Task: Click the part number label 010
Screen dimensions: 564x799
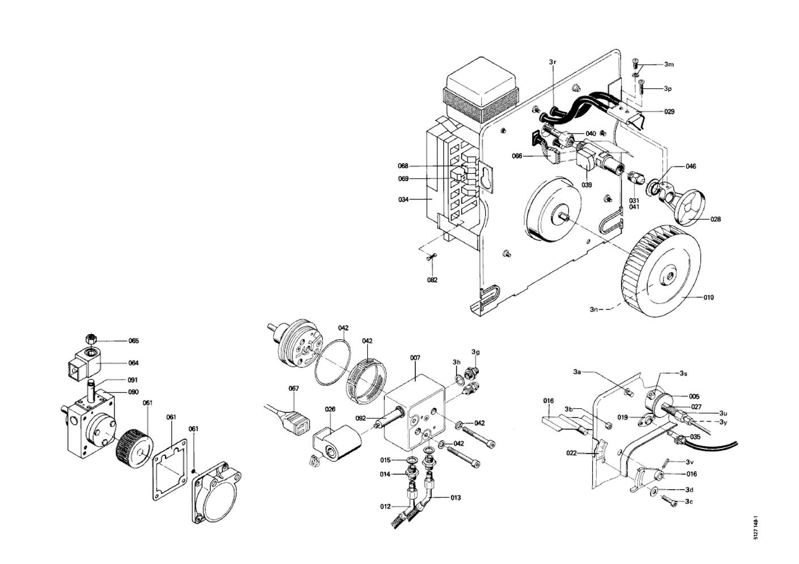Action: click(x=708, y=297)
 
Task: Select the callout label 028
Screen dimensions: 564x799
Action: click(x=716, y=219)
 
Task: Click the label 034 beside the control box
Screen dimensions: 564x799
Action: click(x=403, y=199)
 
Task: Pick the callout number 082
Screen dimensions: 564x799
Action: click(x=432, y=279)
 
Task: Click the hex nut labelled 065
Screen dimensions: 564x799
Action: click(x=91, y=339)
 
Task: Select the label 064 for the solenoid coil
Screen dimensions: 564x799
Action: click(x=133, y=363)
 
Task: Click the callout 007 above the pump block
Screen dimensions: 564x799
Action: click(x=415, y=358)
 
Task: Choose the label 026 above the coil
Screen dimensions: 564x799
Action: click(x=330, y=409)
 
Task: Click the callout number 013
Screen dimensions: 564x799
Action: click(x=456, y=498)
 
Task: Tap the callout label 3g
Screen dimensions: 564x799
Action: click(x=475, y=352)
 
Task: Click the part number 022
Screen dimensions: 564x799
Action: click(x=571, y=453)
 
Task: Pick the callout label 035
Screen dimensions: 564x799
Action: click(x=695, y=437)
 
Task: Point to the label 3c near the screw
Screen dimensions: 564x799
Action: click(x=689, y=501)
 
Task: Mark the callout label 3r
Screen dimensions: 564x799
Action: click(x=552, y=61)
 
